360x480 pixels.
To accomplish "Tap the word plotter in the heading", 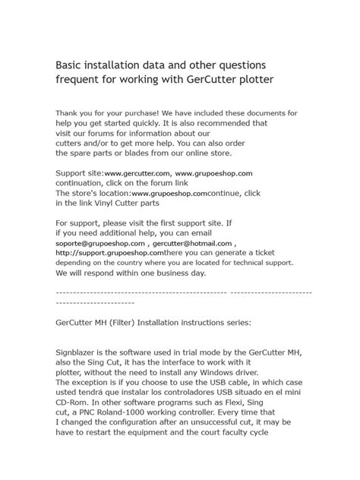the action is [x=246, y=78].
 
